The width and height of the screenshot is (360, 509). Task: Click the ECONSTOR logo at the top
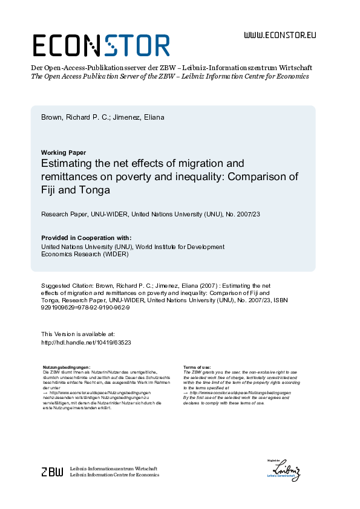[x=100, y=45]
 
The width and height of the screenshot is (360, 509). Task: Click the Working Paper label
[x=64, y=152]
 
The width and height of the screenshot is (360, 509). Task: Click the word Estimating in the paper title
[x=70, y=163]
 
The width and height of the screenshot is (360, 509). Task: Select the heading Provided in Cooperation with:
[x=86, y=238]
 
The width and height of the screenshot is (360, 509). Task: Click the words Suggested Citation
[x=67, y=285]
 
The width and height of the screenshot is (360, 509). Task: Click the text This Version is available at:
[x=77, y=334]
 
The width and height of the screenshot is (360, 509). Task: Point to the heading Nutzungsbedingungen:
[x=67, y=368]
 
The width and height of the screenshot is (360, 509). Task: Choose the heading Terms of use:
[x=197, y=368]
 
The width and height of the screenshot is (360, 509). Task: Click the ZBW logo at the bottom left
[x=52, y=472]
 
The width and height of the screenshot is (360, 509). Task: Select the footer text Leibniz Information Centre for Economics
[x=114, y=475]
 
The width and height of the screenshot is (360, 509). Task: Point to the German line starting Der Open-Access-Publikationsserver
[x=171, y=68]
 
